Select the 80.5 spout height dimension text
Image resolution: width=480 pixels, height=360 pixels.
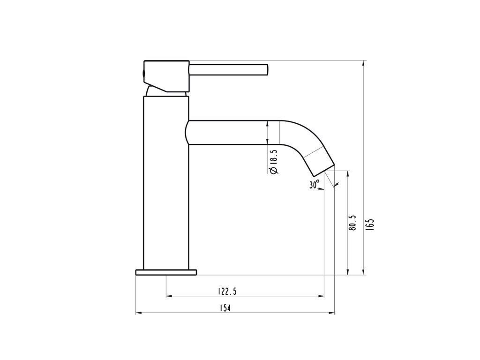pos(353,223)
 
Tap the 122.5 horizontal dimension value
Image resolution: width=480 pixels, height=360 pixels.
pos(227,292)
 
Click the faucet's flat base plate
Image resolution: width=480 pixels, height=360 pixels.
pos(166,272)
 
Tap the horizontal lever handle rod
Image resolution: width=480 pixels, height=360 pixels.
pos(228,69)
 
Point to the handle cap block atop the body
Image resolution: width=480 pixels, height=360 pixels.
pos(166,75)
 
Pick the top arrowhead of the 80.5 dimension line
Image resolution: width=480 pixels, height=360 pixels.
pos(347,172)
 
